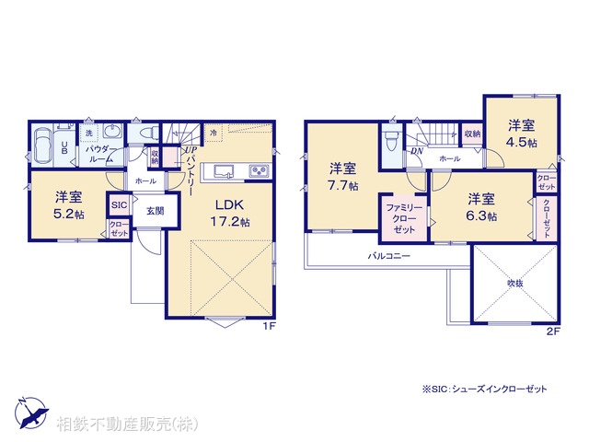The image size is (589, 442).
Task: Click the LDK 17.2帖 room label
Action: click(x=233, y=213)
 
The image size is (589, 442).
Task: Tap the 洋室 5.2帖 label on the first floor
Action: click(x=68, y=205)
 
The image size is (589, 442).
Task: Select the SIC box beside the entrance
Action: click(x=119, y=205)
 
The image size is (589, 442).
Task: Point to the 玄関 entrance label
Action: click(x=154, y=210)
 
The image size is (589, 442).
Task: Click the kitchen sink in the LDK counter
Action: click(x=224, y=170)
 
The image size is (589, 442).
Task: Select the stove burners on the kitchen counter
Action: click(x=257, y=170)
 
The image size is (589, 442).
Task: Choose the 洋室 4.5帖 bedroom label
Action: click(x=521, y=135)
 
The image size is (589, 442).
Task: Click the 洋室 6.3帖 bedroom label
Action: click(x=480, y=207)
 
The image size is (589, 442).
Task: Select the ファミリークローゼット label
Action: click(x=403, y=217)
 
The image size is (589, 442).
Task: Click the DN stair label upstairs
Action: click(x=416, y=151)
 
